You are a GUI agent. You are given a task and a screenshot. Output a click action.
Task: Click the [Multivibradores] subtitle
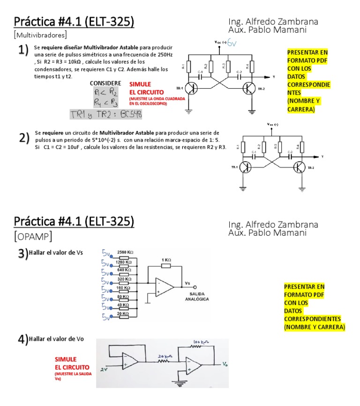(x=40, y=35)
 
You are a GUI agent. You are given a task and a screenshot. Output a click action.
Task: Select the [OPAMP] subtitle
(x=33, y=235)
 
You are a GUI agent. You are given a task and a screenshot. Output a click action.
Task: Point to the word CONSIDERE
(x=105, y=83)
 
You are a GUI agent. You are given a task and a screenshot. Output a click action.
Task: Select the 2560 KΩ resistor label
(x=124, y=252)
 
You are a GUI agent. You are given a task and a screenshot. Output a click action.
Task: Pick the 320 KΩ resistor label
(x=124, y=278)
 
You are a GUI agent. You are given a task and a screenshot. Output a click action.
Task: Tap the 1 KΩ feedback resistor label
(x=166, y=260)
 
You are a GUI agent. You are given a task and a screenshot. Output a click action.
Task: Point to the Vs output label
(x=188, y=283)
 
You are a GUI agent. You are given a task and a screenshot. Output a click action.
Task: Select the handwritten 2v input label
(x=104, y=369)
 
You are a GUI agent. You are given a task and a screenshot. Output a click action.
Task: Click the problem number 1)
(x=23, y=50)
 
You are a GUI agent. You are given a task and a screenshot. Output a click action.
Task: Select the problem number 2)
(x=23, y=138)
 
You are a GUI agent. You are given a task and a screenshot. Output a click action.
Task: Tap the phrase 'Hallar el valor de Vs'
(x=56, y=252)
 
